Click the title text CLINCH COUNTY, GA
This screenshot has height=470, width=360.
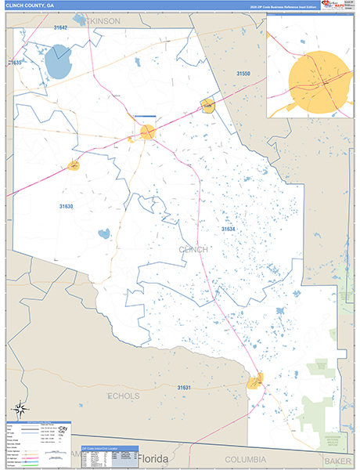[x=31, y=5]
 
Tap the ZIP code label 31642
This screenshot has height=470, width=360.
[x=60, y=28]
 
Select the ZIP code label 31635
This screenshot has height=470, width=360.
[x=16, y=62]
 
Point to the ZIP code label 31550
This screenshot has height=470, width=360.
[x=243, y=73]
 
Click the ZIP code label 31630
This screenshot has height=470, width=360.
[x=66, y=206]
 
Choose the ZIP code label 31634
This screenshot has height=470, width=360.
[x=228, y=229]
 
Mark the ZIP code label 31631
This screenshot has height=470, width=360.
[x=183, y=388]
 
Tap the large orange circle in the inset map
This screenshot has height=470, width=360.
[x=319, y=80]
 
